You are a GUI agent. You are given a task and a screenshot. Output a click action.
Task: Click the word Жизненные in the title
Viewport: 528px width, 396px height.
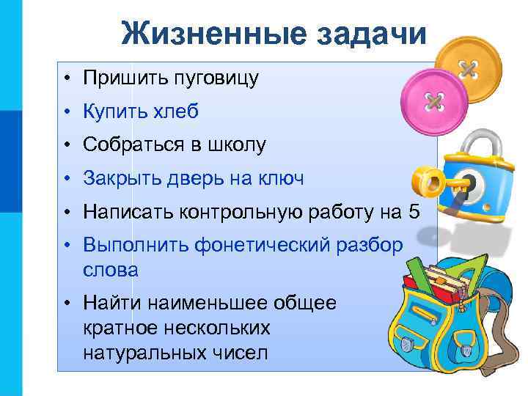pos(197,32)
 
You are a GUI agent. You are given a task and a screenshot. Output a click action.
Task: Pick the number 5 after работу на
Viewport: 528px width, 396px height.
pos(414,212)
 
